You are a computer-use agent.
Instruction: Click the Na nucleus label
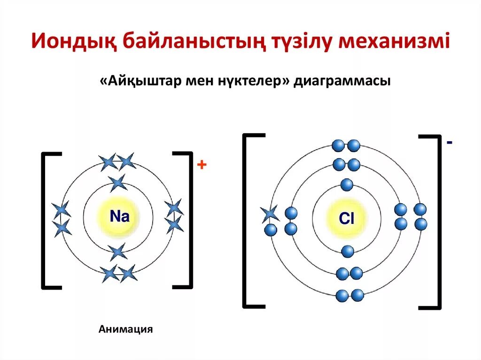coord(119,216)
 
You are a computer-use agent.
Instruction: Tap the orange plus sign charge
coord(202,165)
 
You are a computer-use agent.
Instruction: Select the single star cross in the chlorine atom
coord(270,214)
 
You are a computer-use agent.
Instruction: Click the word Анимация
coord(126,329)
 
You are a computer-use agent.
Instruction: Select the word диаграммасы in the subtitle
coord(342,81)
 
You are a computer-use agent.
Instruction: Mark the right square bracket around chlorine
coord(435,222)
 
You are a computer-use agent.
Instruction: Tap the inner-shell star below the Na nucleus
coord(118,252)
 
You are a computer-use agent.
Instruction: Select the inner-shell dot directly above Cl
coord(347,185)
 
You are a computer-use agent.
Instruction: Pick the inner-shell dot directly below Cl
coord(348,252)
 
